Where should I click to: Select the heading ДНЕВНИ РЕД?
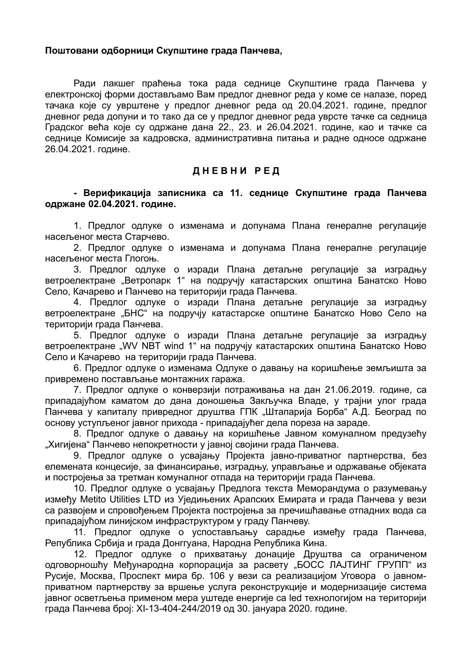click(236, 171)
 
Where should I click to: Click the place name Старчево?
click(147, 237)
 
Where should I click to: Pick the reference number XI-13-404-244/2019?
click(173, 609)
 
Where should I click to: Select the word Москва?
click(88, 576)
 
